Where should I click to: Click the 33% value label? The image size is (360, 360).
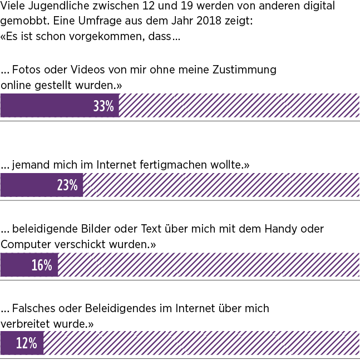[x=103, y=106]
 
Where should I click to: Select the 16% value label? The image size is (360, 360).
[x=42, y=265]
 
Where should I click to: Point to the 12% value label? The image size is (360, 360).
[x=26, y=343]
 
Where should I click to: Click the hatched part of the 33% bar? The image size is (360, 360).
[x=239, y=106]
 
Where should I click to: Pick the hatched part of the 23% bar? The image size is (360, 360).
[x=221, y=185]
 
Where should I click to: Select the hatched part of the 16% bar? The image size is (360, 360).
[x=209, y=265]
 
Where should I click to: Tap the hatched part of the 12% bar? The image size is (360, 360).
[x=201, y=343]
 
